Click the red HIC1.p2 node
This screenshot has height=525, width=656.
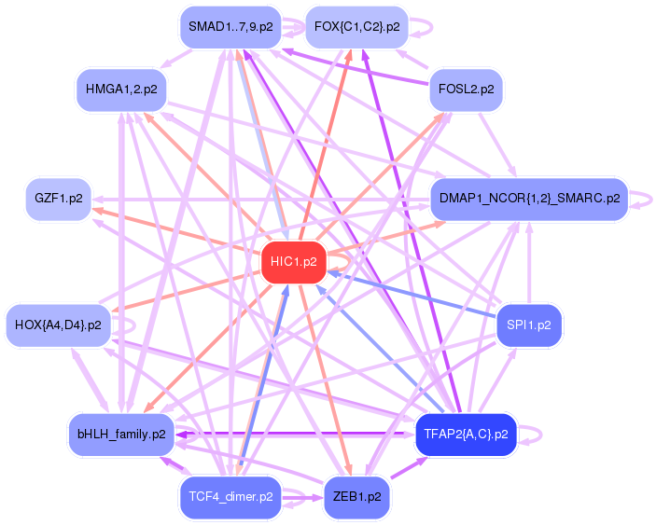[x=293, y=262]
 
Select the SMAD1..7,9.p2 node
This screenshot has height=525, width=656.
[x=230, y=27]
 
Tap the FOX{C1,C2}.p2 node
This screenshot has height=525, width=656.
[x=356, y=27]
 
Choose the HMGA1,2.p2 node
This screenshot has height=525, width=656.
[x=120, y=90]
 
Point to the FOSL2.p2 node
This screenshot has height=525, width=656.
[x=466, y=90]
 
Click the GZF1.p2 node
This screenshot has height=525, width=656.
[x=58, y=199]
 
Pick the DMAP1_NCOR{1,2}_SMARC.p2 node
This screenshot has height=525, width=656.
[x=528, y=199]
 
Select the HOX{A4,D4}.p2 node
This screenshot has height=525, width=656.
[x=58, y=325]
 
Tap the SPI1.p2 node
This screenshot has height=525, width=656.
[x=528, y=325]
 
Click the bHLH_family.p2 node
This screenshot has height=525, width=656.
[x=120, y=434]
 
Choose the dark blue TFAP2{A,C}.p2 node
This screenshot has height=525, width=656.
[x=466, y=434]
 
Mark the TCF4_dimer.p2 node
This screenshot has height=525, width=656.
[x=230, y=497]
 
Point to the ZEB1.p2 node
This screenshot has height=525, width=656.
[x=356, y=497]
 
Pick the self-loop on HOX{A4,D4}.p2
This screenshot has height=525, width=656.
[x=133, y=325]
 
